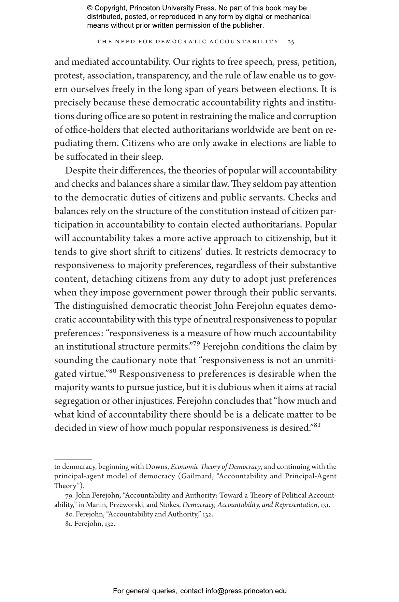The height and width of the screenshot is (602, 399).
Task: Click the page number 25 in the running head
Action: pos(291,42)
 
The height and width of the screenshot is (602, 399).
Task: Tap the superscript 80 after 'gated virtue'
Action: pos(112,371)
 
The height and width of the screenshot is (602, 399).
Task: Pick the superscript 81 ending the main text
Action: pos(317,425)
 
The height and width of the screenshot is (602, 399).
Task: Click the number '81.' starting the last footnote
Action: pos(69,524)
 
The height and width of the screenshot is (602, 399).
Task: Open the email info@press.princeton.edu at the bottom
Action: pos(246,591)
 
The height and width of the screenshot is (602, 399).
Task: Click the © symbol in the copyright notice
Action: pos(90,8)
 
